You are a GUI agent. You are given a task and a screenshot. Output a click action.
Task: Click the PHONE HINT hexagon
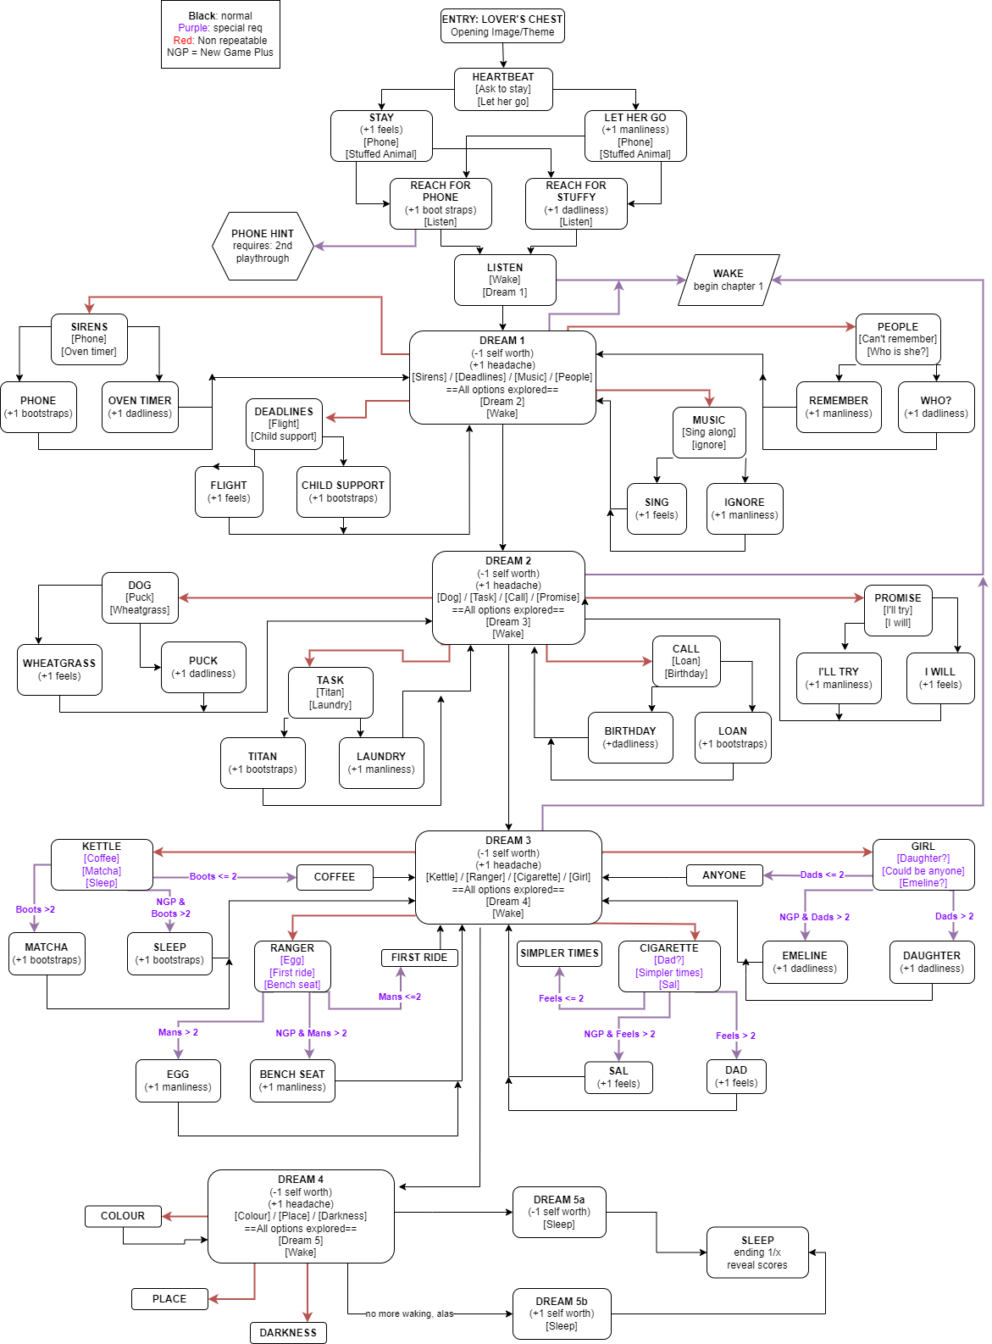pyautogui.click(x=263, y=246)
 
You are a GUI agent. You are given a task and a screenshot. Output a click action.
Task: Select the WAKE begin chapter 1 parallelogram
pyautogui.click(x=729, y=280)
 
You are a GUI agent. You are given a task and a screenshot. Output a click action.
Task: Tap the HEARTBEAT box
pyautogui.click(x=503, y=89)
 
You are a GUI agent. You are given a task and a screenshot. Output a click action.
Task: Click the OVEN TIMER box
pyautogui.click(x=140, y=407)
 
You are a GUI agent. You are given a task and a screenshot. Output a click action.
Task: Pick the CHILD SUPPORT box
pyautogui.click(x=343, y=492)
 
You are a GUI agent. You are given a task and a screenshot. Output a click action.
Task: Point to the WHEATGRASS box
pyautogui.click(x=59, y=669)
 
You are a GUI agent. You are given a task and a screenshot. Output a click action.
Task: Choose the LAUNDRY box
pyautogui.click(x=381, y=763)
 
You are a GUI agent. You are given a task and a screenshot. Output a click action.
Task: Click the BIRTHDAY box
pyautogui.click(x=630, y=737)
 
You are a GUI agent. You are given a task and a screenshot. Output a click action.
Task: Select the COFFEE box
pyautogui.click(x=335, y=877)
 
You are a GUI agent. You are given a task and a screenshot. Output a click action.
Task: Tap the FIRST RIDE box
pyautogui.click(x=419, y=958)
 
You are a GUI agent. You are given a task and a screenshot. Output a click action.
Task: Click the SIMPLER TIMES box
pyautogui.click(x=559, y=953)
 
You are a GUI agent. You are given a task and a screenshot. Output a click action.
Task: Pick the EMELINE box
pyautogui.click(x=805, y=962)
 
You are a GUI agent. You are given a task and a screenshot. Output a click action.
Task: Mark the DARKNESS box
pyautogui.click(x=288, y=1333)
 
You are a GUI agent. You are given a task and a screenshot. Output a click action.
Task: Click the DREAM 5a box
pyautogui.click(x=559, y=1212)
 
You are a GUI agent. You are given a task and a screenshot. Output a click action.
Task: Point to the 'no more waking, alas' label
pyautogui.click(x=409, y=1314)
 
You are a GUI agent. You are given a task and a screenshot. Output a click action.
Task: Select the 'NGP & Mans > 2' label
pyautogui.click(x=311, y=1033)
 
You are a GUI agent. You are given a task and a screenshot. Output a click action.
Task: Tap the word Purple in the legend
pyautogui.click(x=194, y=28)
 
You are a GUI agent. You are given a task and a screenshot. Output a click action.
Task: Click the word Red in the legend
pyautogui.click(x=183, y=41)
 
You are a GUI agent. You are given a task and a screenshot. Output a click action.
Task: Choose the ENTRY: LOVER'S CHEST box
pyautogui.click(x=502, y=25)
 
